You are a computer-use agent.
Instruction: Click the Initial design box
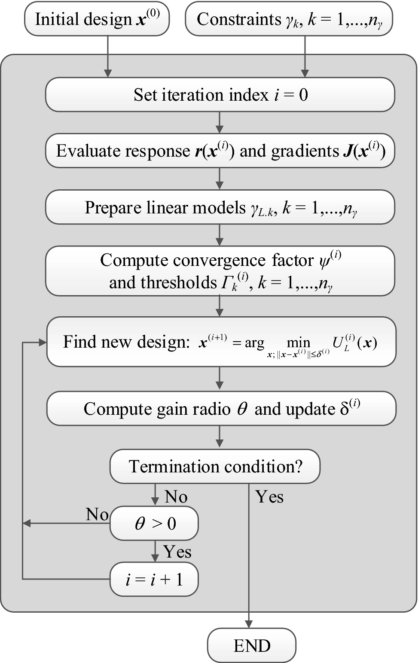click(97, 19)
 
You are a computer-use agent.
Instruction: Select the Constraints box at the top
click(289, 19)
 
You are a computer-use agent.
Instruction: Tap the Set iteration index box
click(220, 95)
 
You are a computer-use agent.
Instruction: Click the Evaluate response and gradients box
click(220, 151)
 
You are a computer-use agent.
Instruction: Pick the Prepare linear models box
click(220, 207)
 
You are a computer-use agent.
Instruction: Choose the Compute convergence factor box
click(220, 271)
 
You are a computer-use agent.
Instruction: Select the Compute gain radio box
click(221, 408)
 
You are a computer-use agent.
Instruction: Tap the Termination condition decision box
click(215, 466)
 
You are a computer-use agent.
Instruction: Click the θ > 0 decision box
click(154, 523)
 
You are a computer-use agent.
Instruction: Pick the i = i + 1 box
click(154, 580)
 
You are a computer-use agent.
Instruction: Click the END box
click(252, 646)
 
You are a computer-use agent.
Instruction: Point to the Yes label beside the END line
click(269, 497)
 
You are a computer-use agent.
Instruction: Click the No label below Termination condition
click(176, 497)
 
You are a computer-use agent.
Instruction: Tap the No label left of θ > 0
click(97, 514)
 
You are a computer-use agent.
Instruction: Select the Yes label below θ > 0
click(177, 552)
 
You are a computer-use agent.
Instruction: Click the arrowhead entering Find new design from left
click(43, 342)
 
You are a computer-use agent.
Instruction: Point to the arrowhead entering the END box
click(249, 624)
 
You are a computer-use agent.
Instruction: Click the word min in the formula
click(298, 342)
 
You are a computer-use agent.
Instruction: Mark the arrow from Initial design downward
click(107, 56)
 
